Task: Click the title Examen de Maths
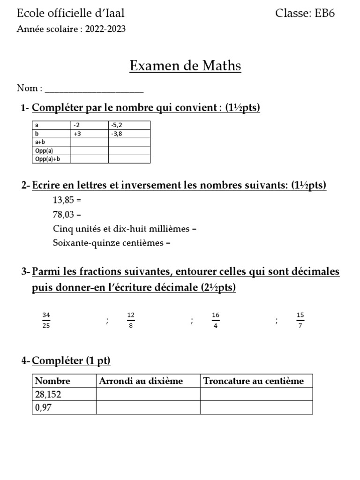click(x=185, y=66)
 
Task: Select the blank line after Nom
click(x=94, y=89)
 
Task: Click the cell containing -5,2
click(x=129, y=125)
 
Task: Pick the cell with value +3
click(x=90, y=134)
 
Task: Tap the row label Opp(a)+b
click(x=52, y=159)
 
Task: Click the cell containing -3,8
click(x=129, y=134)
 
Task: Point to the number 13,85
click(x=63, y=200)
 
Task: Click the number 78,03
click(x=63, y=215)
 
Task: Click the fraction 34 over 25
click(x=46, y=320)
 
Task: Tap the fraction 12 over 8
click(x=131, y=320)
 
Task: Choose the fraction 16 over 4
click(x=216, y=320)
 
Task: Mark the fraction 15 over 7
click(x=300, y=320)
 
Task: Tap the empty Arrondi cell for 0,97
click(x=148, y=408)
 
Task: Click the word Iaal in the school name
click(x=115, y=13)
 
